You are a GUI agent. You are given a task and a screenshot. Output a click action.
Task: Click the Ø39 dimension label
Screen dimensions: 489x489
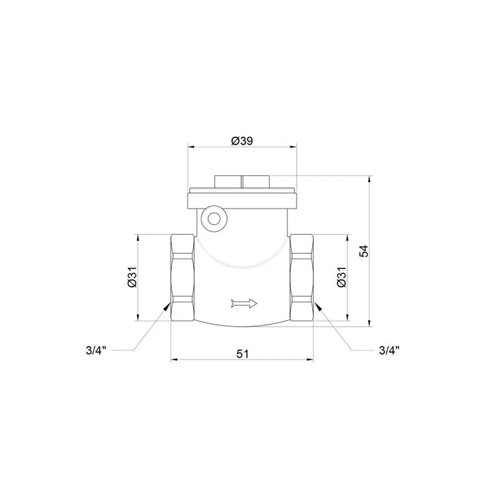pos(242,141)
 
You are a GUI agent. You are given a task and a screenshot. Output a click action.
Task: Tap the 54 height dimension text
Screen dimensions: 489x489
pos(364,251)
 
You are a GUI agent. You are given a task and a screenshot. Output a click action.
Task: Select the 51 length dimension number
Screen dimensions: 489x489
pos(242,354)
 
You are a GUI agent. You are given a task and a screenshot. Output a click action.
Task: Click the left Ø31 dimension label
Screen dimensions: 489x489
pos(131,277)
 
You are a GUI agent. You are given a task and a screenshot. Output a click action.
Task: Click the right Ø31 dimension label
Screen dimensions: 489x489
pos(341,277)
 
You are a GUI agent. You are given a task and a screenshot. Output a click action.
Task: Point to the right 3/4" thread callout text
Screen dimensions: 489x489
pos(389,350)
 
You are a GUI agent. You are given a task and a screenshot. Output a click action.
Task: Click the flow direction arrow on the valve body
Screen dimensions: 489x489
pos(243,303)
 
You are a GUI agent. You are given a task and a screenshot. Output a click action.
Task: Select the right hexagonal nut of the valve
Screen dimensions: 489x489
pos(303,277)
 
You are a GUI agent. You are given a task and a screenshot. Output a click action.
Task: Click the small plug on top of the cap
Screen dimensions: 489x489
pos(242,181)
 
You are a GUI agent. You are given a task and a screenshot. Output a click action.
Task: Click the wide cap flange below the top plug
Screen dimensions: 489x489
pos(242,198)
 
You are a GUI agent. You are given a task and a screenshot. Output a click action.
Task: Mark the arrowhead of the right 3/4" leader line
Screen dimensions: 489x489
pos(317,306)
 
